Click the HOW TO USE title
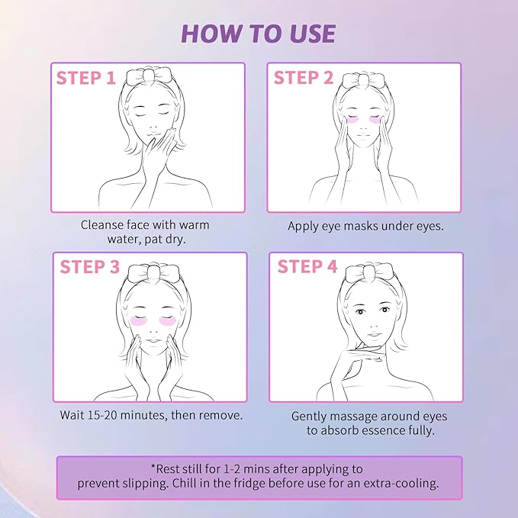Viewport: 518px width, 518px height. coord(259,34)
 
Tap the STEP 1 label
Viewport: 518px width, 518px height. coord(86,78)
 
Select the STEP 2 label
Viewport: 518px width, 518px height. coord(304,78)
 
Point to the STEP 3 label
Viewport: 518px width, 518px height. coord(89,266)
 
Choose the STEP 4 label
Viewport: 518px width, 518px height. coord(307,266)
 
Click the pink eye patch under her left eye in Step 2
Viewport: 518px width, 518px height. coord(378,121)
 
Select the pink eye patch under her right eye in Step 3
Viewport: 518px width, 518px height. coord(139,320)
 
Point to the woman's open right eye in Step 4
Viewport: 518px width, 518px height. coord(360,311)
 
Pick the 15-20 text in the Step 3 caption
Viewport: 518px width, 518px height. coord(102,415)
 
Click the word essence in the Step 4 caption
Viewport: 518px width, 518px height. coord(384,430)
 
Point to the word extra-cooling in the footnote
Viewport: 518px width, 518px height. coord(401,484)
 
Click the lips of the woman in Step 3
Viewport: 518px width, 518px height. coord(153,340)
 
